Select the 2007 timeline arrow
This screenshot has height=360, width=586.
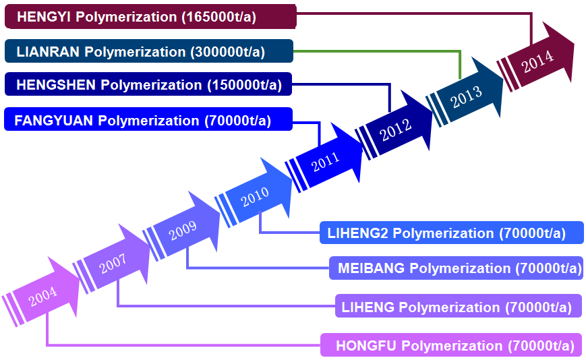[x=113, y=265]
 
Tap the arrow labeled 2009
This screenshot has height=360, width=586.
[x=183, y=230]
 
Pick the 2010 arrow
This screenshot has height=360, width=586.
[x=255, y=196]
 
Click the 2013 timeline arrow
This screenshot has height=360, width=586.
[x=467, y=94]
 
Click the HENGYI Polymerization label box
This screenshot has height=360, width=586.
[x=150, y=16]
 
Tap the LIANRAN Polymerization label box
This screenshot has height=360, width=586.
[x=148, y=51]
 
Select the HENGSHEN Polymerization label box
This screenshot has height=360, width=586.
[x=148, y=85]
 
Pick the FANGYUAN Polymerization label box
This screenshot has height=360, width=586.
[x=148, y=120]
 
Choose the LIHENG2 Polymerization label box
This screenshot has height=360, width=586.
[x=451, y=233]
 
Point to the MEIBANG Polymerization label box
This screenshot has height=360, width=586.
[x=456, y=268]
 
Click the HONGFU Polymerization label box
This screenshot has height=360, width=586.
[x=451, y=346]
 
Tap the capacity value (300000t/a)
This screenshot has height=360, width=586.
[x=228, y=52]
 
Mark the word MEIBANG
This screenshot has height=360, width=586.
[x=372, y=268]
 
